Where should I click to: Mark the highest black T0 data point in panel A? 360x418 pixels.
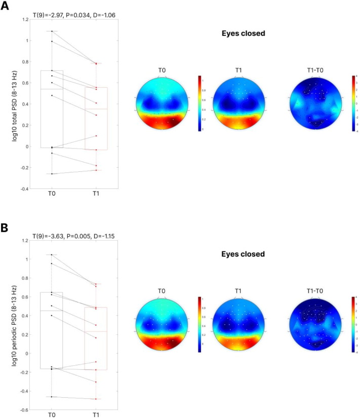pyautogui.click(x=52, y=31)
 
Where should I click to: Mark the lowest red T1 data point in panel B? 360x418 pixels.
pyautogui.click(x=96, y=399)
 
